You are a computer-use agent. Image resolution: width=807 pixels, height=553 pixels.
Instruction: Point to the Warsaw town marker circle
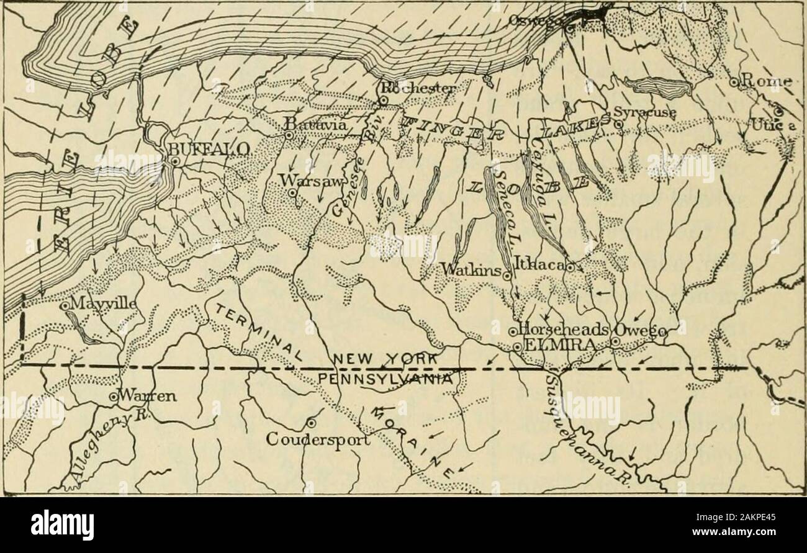coord(292,193)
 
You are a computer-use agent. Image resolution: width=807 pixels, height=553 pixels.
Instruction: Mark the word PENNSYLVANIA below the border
coord(389,378)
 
